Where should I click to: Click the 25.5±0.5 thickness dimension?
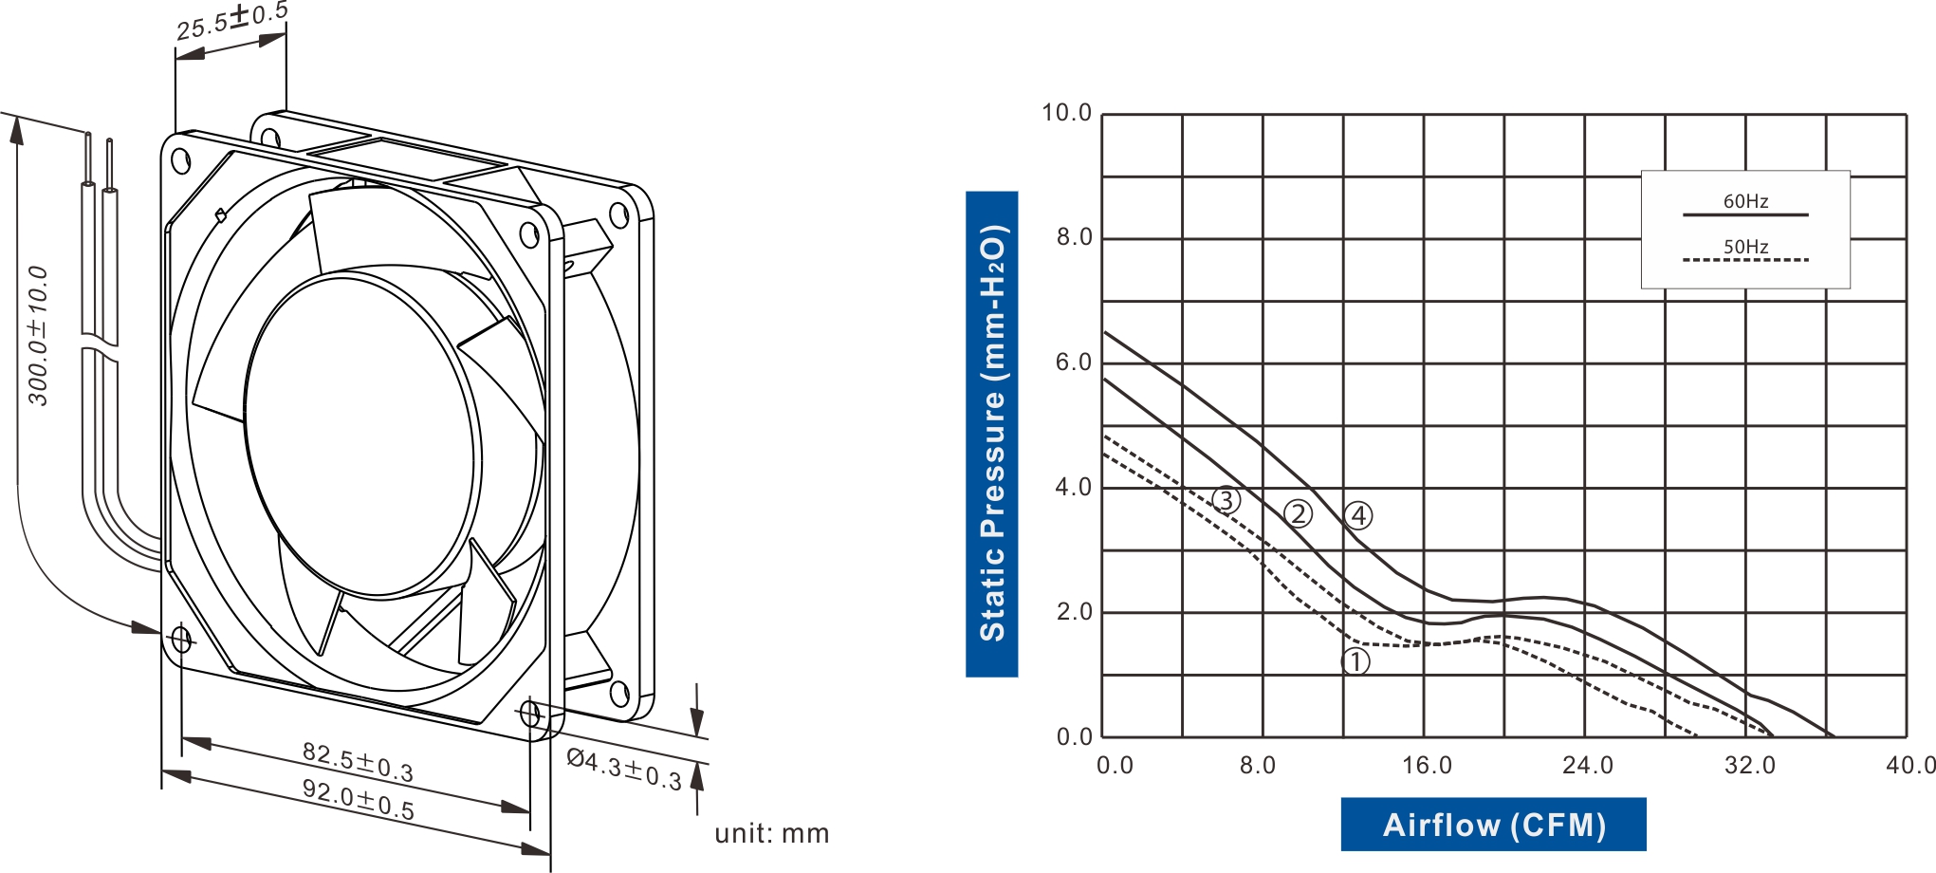click(231, 21)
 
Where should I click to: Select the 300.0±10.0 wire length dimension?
click(38, 336)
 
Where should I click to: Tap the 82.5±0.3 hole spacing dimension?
click(358, 762)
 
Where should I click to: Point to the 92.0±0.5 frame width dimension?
click(358, 799)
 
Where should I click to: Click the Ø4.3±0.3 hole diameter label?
click(624, 769)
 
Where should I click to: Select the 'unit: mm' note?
click(772, 833)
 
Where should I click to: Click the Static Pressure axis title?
click(992, 434)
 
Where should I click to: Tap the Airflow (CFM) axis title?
click(1494, 825)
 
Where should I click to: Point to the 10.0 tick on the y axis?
click(1067, 113)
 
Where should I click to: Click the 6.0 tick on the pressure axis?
click(1074, 362)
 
